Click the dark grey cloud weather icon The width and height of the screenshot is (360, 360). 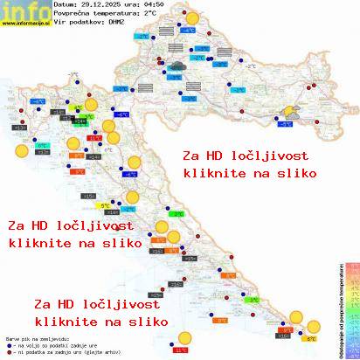pyautogui.click(x=177, y=64)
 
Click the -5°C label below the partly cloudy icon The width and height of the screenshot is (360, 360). pyautogui.click(x=286, y=125)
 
